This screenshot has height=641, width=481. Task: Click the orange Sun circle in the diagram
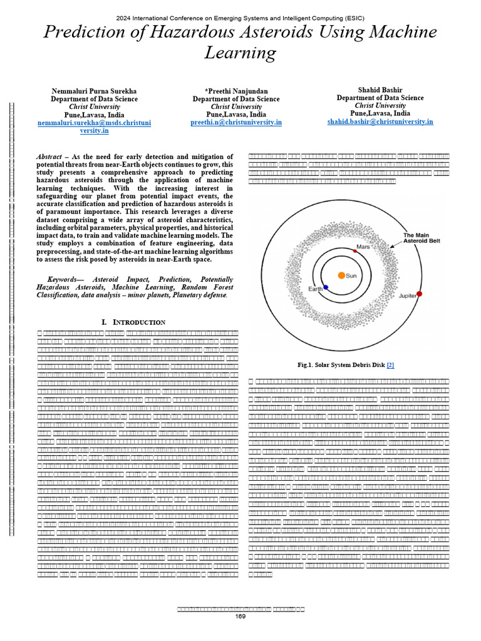[x=341, y=275]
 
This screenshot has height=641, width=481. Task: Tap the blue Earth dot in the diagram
[x=326, y=287]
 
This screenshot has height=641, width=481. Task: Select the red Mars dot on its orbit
[x=354, y=250]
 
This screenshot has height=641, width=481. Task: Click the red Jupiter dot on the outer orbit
[x=420, y=294]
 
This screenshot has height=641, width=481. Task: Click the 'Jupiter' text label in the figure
[x=408, y=295]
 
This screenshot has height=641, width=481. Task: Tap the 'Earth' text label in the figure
[x=315, y=289]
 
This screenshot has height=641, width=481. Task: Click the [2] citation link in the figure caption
[x=390, y=365]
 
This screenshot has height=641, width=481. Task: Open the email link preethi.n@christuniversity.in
[x=236, y=123]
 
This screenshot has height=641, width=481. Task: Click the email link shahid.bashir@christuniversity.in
[x=380, y=121]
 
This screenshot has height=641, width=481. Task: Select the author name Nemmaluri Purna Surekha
[x=95, y=91]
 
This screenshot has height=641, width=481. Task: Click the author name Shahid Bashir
[x=380, y=90]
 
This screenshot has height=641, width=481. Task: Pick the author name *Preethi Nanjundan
[x=236, y=91]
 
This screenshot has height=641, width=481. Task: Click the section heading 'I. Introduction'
[x=133, y=322]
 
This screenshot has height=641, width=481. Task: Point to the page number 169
[x=240, y=616]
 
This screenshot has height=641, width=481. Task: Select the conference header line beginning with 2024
[x=240, y=18]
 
